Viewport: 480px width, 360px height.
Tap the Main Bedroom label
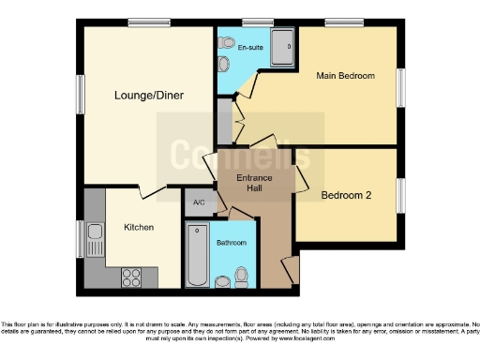(x=345, y=76)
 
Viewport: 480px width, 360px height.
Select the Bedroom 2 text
(x=348, y=196)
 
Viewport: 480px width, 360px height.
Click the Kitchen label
(x=139, y=227)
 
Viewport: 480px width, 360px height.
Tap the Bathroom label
(x=232, y=243)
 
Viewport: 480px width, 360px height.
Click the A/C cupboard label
(x=199, y=203)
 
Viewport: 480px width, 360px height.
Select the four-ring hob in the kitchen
(x=130, y=277)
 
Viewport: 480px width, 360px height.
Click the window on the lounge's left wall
(x=79, y=95)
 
